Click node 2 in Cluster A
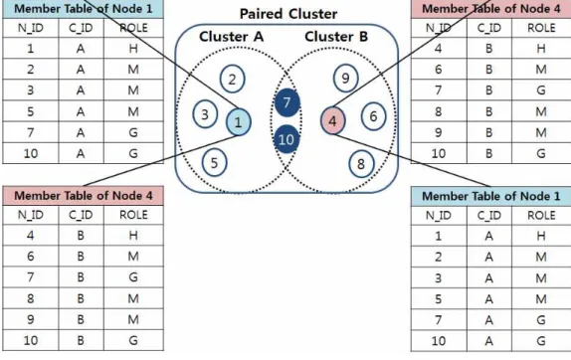[233, 79]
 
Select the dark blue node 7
[286, 102]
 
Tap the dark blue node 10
[286, 139]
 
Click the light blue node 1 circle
[238, 122]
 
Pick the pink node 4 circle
[333, 120]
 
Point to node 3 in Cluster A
[205, 114]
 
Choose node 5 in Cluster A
[214, 163]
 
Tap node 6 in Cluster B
[373, 116]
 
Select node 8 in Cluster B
[361, 164]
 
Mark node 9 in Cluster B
[345, 78]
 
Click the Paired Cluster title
[288, 14]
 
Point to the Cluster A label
[231, 37]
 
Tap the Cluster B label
[336, 37]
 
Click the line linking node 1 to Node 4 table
[160, 160]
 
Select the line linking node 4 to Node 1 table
[412, 160]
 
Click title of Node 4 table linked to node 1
[83, 196]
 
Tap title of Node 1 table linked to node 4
[490, 197]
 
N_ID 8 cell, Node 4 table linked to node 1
[31, 298]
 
